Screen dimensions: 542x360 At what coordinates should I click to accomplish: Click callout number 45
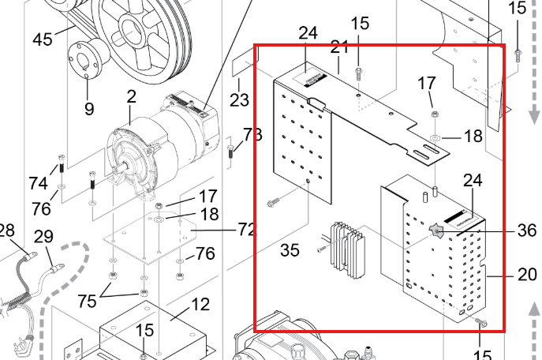click(x=43, y=39)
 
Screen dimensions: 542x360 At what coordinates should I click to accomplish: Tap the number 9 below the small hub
click(x=89, y=109)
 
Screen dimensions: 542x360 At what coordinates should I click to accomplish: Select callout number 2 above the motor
click(x=131, y=96)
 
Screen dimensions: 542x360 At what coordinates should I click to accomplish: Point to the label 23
click(x=239, y=100)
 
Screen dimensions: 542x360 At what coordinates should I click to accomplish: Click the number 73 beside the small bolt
click(x=252, y=134)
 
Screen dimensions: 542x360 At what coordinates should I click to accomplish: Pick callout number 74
click(x=38, y=183)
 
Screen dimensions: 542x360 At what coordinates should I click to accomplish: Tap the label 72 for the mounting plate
click(x=247, y=229)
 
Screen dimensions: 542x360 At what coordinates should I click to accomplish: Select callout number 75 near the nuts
click(x=87, y=301)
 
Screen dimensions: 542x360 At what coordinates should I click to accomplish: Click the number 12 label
click(x=200, y=304)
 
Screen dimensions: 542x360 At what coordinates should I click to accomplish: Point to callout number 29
click(x=43, y=237)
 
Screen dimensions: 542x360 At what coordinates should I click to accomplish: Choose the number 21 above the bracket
click(x=339, y=47)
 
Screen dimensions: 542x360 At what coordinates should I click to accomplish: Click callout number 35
click(x=290, y=250)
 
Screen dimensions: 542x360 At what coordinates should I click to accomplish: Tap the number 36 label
click(x=527, y=230)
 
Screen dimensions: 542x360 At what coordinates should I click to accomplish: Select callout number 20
click(x=528, y=275)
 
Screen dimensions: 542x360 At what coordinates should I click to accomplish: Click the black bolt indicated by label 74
click(x=62, y=165)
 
